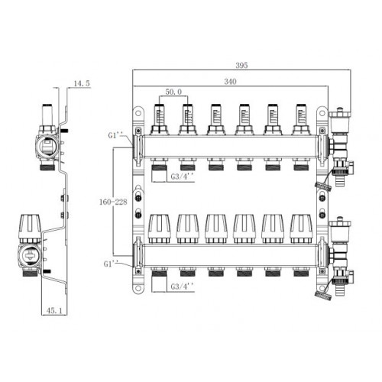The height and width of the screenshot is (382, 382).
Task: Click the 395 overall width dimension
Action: [x=241, y=66]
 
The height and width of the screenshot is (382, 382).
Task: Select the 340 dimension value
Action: [x=230, y=82]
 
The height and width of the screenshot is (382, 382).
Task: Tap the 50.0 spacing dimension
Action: [x=173, y=92]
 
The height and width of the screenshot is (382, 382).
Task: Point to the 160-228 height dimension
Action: [x=113, y=202]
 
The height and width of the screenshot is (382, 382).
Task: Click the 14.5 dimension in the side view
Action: [x=82, y=83]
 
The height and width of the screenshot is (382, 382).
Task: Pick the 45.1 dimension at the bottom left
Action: [x=54, y=310]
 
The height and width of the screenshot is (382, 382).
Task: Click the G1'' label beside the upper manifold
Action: [x=114, y=135]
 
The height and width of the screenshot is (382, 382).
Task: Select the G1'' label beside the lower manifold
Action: [x=109, y=264]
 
